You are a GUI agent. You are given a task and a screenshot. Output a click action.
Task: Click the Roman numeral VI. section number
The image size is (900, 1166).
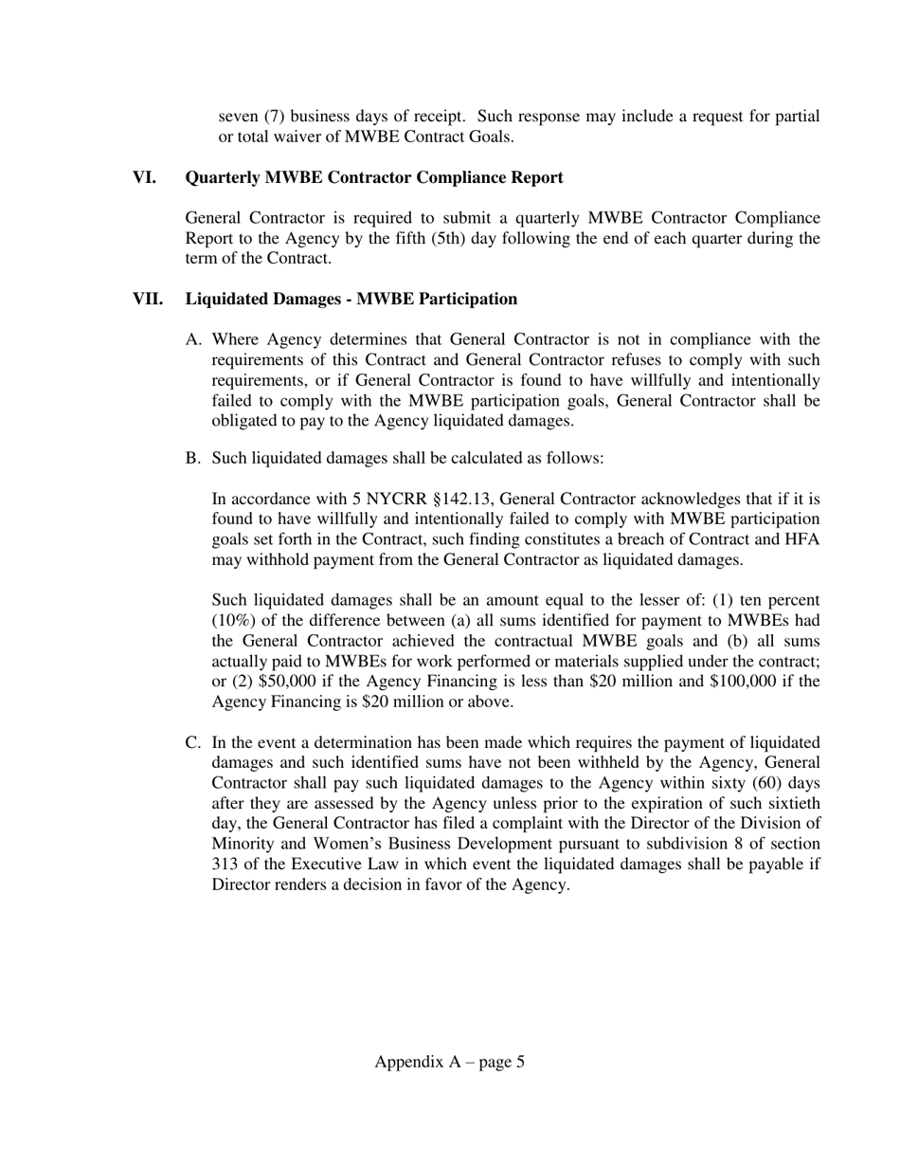[x=144, y=178]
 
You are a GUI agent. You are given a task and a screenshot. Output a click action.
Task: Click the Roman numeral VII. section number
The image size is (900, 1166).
[x=147, y=300]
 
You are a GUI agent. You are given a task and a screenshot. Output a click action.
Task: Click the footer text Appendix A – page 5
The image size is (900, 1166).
[x=449, y=1063]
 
